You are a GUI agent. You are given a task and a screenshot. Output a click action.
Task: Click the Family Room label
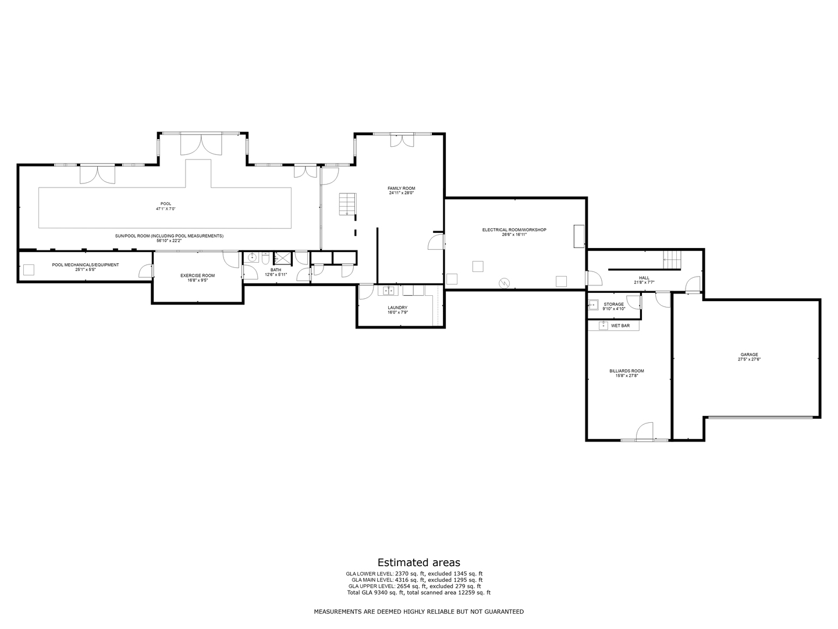(401, 188)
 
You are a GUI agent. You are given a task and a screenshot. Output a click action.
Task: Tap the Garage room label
(750, 355)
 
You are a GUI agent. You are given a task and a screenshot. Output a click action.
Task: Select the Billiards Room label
(627, 371)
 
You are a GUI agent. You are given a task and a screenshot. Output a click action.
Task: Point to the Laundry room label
(397, 308)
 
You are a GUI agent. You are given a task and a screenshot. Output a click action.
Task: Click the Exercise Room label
(197, 275)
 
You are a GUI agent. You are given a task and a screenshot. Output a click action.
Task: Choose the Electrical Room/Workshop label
(514, 230)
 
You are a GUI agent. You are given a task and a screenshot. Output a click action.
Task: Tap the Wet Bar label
(620, 326)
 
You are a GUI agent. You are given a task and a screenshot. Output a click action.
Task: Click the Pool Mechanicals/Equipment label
(86, 264)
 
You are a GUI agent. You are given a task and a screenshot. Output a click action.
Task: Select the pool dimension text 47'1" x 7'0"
(166, 209)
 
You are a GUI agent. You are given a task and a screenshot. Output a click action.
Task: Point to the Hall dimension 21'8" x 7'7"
(644, 282)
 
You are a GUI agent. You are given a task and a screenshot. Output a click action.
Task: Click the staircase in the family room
(347, 204)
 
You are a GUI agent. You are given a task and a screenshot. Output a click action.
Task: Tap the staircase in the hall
(672, 260)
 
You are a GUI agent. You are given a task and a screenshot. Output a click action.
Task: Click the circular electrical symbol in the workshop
(505, 283)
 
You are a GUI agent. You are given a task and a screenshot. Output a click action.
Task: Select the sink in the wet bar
(603, 326)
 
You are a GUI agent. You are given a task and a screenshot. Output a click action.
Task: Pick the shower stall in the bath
(283, 259)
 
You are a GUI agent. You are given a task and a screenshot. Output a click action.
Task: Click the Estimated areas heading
(419, 563)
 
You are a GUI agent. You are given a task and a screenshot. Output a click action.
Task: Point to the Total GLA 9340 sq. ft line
(419, 593)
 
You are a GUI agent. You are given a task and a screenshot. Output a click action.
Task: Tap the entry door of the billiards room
(644, 431)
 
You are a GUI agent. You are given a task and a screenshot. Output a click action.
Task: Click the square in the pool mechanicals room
(29, 270)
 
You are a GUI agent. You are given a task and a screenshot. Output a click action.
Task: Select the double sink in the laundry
(388, 291)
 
